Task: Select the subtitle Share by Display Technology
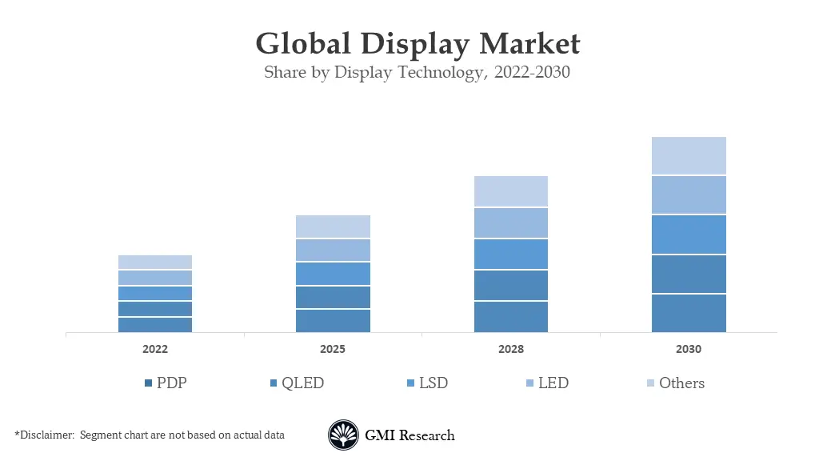(417, 73)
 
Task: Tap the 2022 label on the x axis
(155, 350)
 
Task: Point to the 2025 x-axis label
(333, 350)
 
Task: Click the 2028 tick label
(511, 350)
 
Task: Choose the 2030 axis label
(689, 350)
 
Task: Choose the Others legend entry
(675, 383)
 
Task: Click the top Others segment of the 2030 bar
(689, 156)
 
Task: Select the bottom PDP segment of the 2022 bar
(155, 324)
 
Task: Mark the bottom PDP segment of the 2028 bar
(511, 317)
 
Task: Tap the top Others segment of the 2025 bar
(333, 226)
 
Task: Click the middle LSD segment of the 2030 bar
(689, 235)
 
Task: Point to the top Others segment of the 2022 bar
(155, 263)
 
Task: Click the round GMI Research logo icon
(344, 435)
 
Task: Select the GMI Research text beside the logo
(409, 435)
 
